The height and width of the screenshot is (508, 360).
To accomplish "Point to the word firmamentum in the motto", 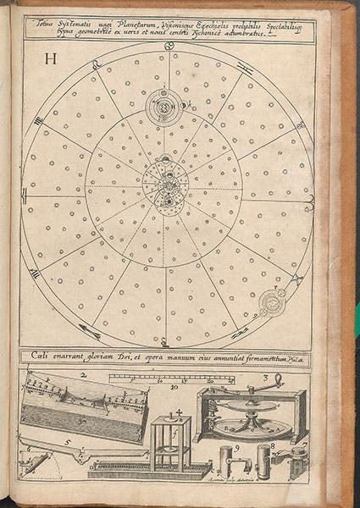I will point(263,356).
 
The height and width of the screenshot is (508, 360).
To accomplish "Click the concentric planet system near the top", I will point(163,106).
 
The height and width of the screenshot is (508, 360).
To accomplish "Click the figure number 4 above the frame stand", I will point(180,412).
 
